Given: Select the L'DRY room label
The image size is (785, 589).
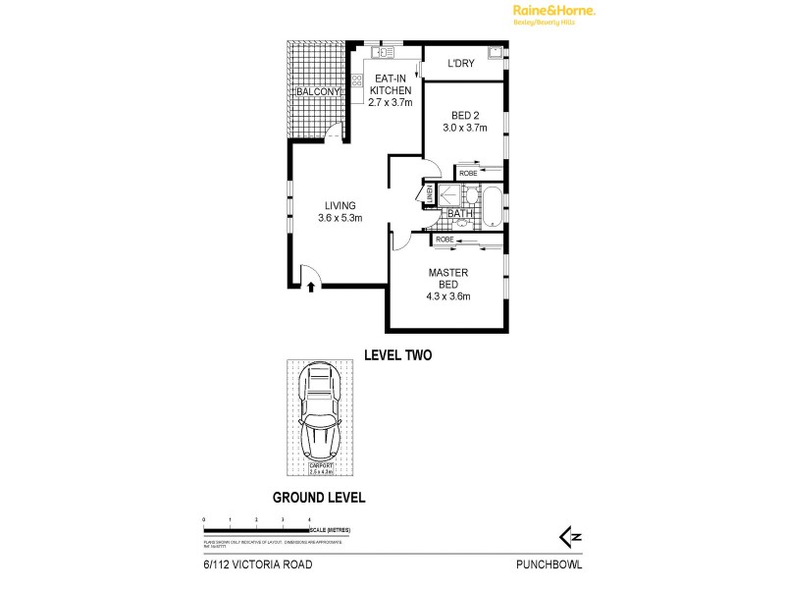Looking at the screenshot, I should point(461,64).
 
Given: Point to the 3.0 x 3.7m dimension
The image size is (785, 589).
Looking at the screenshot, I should point(464,128).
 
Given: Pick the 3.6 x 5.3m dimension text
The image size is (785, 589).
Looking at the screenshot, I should point(340,218).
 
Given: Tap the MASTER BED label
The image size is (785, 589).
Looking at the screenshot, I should point(448,278).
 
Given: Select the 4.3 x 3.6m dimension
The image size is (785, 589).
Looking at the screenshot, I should point(448,296).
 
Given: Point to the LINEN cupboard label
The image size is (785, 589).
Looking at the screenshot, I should point(429,195).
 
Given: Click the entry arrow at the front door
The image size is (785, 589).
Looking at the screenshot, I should point(312,287).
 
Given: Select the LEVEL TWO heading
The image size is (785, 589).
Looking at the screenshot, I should point(397,355).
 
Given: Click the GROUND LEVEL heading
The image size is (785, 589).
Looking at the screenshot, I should point(319,498).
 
